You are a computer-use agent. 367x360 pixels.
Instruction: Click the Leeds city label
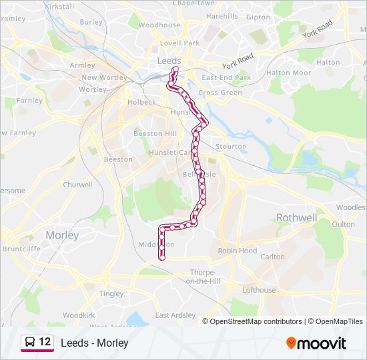tap(168, 61)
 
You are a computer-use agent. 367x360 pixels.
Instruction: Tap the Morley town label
tap(62, 235)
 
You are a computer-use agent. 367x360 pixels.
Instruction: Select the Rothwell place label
tap(296, 217)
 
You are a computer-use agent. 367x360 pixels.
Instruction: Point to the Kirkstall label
tap(59, 5)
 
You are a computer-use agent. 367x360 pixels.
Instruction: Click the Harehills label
tap(222, 16)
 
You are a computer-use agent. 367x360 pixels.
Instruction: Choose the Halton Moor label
tap(288, 73)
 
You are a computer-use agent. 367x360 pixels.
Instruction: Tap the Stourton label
tap(232, 147)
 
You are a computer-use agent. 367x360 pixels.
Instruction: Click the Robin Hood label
tap(238, 251)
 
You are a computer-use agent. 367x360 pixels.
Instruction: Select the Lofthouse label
tap(259, 290)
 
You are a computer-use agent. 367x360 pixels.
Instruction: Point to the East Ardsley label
tap(175, 315)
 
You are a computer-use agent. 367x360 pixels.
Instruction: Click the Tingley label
tap(111, 293)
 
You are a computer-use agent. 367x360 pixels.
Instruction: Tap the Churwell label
tap(77, 185)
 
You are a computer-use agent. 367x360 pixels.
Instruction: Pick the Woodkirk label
tap(79, 314)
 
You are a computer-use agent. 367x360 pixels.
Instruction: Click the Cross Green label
tap(220, 93)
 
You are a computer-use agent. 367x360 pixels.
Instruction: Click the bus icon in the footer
tap(30, 343)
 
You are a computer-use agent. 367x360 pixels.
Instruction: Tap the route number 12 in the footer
tap(45, 342)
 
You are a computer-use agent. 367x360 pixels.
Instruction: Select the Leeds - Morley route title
tap(94, 343)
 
